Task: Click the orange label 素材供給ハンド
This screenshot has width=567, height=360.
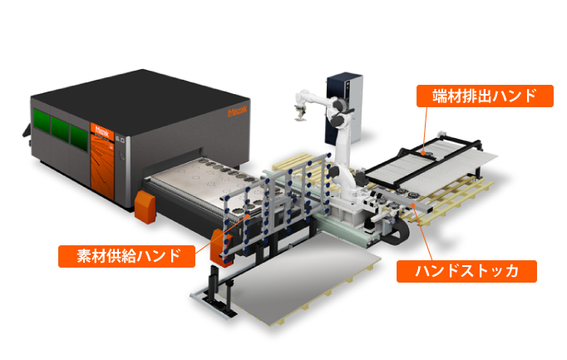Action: click(x=126, y=256)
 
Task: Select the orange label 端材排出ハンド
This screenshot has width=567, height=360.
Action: click(x=485, y=96)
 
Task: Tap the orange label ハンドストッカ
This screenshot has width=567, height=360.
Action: click(x=466, y=271)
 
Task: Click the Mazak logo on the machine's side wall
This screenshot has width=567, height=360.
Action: click(x=238, y=111)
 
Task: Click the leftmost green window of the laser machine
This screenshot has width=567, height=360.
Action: click(x=42, y=119)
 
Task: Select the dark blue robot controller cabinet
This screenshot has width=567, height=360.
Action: click(x=344, y=108)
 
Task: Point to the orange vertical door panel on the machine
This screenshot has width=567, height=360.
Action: click(x=102, y=160)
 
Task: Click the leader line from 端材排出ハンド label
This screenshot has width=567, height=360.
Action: click(x=426, y=129)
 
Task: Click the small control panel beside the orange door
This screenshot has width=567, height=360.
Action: click(x=122, y=156)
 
